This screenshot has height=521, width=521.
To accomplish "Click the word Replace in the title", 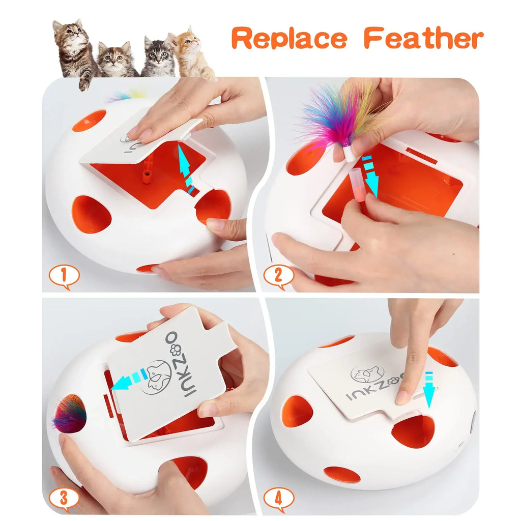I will click(x=289, y=39).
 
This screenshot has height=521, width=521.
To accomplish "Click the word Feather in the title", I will click(x=423, y=39).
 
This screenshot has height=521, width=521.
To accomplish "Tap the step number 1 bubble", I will click(x=64, y=276).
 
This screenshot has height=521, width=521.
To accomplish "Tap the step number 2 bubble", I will click(x=278, y=276).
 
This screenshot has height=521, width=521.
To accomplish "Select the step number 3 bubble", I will click(x=64, y=499).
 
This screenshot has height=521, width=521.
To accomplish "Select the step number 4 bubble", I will click(x=278, y=499).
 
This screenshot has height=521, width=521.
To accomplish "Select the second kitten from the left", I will click(x=118, y=60).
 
